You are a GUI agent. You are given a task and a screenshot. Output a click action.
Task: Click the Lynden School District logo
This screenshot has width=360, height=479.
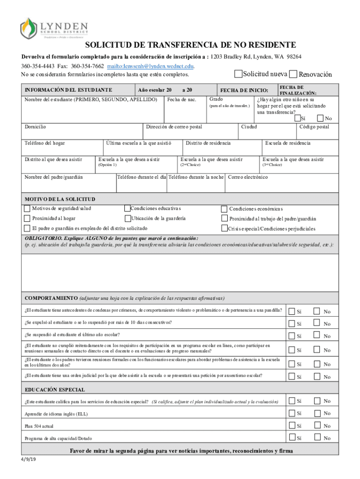pyautogui.click(x=52, y=28)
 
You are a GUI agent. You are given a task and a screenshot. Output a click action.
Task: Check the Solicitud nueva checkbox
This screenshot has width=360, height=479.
pyautogui.click(x=238, y=74)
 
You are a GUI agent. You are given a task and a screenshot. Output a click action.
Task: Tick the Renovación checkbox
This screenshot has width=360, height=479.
pyautogui.click(x=293, y=74)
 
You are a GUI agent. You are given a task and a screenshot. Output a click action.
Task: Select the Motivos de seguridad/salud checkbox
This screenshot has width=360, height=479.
pyautogui.click(x=27, y=208)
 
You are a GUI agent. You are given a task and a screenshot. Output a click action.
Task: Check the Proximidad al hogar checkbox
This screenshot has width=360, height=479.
pyautogui.click(x=27, y=218)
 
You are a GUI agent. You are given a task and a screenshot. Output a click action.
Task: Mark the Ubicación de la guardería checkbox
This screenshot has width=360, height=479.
pyautogui.click(x=128, y=218)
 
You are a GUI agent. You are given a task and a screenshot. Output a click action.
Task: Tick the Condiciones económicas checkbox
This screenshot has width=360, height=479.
pyautogui.click(x=224, y=208)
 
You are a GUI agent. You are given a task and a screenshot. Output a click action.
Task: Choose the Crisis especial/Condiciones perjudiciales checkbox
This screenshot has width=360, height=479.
pyautogui.click(x=224, y=228)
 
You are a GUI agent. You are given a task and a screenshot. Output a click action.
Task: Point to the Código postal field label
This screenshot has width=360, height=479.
pyautogui.click(x=314, y=127)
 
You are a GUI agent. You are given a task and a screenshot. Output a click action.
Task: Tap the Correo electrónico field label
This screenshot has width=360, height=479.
pyautogui.click(x=248, y=177)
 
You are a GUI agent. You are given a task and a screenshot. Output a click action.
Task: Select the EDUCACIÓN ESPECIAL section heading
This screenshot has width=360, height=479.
pyautogui.click(x=55, y=390)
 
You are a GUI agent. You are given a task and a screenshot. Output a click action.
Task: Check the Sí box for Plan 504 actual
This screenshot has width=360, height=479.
pyautogui.click(x=292, y=425)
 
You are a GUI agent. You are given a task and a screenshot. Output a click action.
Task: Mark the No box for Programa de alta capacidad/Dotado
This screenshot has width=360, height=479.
pyautogui.click(x=317, y=437)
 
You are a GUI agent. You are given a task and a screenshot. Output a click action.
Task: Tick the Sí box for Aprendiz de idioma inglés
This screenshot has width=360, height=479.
pyautogui.click(x=292, y=413)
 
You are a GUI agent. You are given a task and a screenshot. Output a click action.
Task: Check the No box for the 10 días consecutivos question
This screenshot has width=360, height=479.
pyautogui.click(x=317, y=323)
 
